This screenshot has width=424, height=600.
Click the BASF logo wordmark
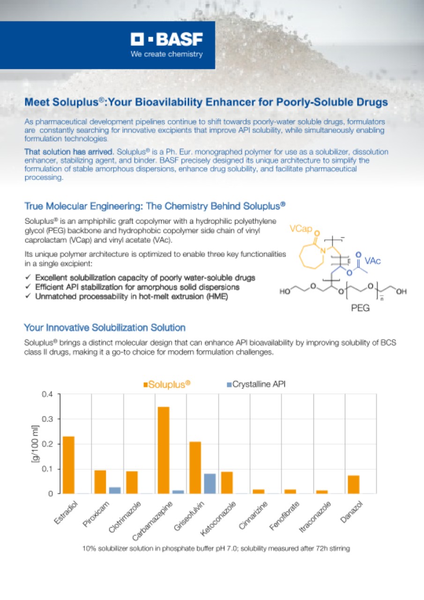(166, 39)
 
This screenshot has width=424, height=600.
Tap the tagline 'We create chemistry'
(166, 54)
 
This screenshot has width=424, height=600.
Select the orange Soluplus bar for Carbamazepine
(164, 450)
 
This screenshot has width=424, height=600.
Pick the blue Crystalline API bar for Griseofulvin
(210, 483)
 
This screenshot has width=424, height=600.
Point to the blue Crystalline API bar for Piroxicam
(115, 490)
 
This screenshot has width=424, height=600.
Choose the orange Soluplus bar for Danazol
(354, 484)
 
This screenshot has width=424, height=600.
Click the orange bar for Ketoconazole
(227, 482)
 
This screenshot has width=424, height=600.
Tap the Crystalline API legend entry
(256, 384)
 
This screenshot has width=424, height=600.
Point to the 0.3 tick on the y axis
(48, 419)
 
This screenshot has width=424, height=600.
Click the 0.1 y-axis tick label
(48, 469)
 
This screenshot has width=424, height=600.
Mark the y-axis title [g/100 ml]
(35, 444)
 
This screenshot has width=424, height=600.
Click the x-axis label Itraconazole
(315, 517)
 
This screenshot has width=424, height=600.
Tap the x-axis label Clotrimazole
(125, 517)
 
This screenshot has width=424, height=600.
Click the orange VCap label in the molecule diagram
(301, 228)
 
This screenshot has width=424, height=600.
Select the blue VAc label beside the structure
(372, 261)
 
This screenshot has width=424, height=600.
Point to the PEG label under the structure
(360, 308)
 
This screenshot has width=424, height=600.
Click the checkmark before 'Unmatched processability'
(28, 296)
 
